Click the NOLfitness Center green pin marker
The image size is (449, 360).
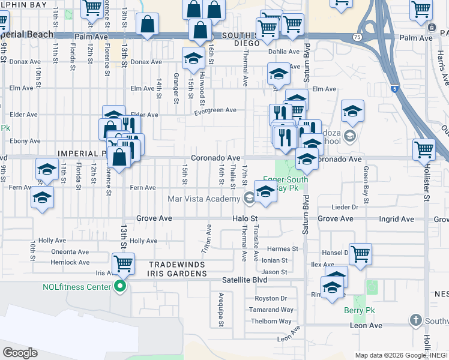tap(120, 287)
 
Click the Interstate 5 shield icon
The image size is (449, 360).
tap(394, 89)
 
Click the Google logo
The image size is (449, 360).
tap(20, 352)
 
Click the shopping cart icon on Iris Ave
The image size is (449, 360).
tap(123, 262)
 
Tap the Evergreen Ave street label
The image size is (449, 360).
tap(215, 110)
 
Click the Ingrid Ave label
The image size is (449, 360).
tap(397, 219)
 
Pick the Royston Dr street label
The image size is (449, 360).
tap(271, 298)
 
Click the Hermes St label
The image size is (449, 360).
tap(282, 249)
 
